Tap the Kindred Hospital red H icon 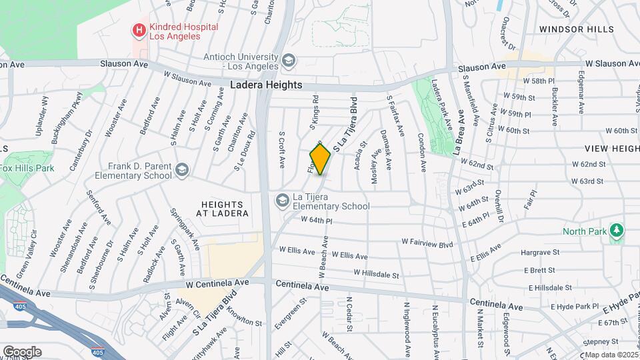coord(139,30)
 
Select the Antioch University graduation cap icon coord(289,61)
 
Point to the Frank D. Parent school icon coord(182,171)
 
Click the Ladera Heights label coord(266,85)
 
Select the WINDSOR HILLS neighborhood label coord(577,29)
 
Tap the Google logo coord(22,351)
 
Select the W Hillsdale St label coord(376,273)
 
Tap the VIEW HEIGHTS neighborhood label coord(611,148)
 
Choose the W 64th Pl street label coord(317,219)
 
